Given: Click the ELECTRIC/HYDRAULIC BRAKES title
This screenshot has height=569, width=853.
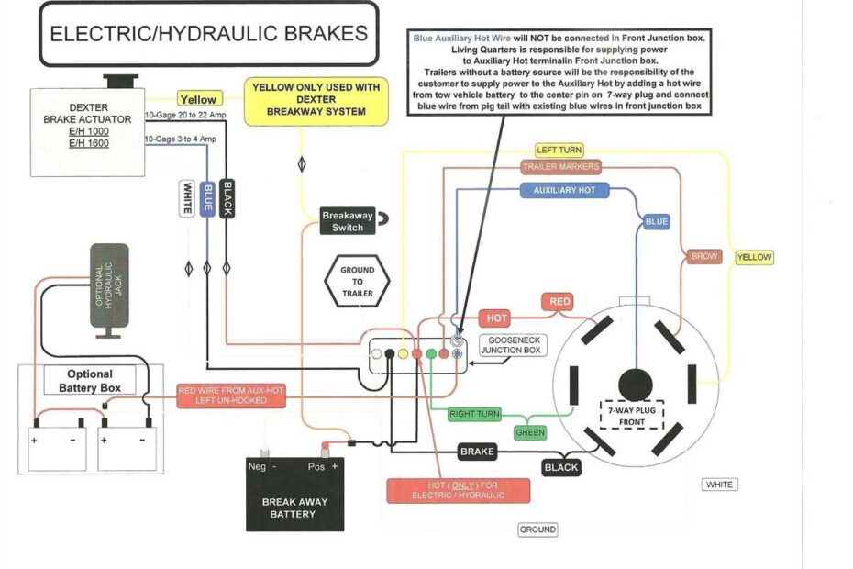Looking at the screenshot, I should (x=208, y=35).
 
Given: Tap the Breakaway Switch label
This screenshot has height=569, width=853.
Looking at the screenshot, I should (x=348, y=221).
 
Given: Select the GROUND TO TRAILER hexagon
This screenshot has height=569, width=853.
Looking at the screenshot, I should (x=357, y=282).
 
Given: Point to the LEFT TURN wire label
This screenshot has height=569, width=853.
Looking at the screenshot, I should (x=559, y=150).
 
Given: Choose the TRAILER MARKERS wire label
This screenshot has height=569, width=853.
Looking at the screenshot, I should (x=560, y=167).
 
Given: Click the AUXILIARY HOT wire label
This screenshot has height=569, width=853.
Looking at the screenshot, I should (x=564, y=190).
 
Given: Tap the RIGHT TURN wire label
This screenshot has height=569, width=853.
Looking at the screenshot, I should (x=474, y=414).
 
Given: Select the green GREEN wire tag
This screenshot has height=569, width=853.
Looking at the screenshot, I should (x=529, y=432).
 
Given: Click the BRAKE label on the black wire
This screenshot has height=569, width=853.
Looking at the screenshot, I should (x=477, y=452).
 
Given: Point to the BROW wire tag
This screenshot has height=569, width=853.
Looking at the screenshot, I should (x=704, y=257).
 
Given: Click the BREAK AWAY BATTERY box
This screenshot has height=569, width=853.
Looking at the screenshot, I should (x=294, y=496).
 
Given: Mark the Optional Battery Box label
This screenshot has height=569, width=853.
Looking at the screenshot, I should (x=90, y=380).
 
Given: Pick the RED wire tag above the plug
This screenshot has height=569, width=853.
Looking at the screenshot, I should (x=559, y=301).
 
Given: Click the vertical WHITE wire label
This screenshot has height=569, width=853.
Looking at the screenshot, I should (x=187, y=198).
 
